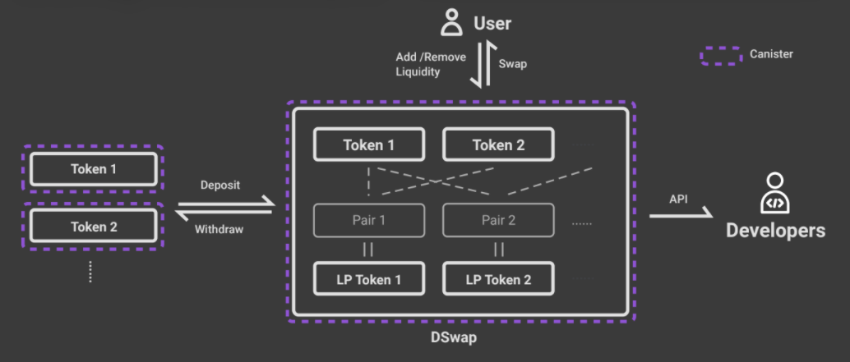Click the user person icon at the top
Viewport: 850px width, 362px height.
(451, 22)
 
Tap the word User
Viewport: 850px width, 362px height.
(492, 23)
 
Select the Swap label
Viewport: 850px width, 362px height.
(513, 62)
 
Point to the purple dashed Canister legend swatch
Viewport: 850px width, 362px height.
(721, 55)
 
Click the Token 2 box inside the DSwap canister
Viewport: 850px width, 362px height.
(498, 145)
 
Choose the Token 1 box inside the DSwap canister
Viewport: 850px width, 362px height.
(369, 145)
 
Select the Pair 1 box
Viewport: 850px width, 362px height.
(369, 220)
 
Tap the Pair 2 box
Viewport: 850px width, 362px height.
(498, 220)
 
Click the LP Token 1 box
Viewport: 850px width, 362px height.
(369, 279)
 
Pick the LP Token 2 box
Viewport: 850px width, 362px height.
(498, 279)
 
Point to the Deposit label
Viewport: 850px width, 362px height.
(220, 185)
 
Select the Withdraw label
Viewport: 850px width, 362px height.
(219, 230)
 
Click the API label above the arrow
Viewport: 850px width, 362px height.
(679, 199)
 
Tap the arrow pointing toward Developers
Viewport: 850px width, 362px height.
(681, 215)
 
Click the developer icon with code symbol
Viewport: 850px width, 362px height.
(775, 194)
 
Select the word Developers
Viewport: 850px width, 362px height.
(775, 231)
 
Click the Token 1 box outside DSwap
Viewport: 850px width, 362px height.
(93, 169)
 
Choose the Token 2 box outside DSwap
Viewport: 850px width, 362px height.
(93, 227)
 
